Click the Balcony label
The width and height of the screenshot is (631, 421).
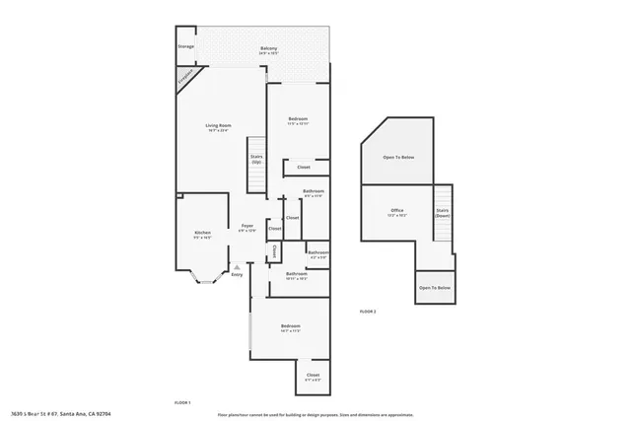click(x=269, y=50)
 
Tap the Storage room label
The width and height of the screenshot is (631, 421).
click(x=185, y=46)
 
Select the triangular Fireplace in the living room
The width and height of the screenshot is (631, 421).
click(x=186, y=78)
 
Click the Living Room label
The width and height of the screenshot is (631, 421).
click(x=218, y=127)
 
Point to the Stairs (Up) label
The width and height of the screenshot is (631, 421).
click(x=256, y=158)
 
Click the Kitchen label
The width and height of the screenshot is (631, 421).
click(x=202, y=235)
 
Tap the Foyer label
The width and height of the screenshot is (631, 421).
click(x=247, y=228)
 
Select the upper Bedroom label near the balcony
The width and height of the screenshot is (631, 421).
click(x=299, y=120)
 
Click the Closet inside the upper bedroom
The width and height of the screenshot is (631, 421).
click(x=304, y=167)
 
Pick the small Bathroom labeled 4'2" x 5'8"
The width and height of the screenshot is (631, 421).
click(x=317, y=253)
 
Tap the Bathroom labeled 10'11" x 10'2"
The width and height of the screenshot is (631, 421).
click(x=297, y=276)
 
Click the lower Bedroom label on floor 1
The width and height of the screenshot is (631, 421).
click(x=290, y=327)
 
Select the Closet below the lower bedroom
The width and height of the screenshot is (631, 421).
click(x=313, y=377)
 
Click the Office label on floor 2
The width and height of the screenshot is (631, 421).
click(x=397, y=211)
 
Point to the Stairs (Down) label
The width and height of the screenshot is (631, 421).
click(x=442, y=212)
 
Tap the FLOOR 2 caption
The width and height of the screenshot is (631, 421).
click(x=368, y=311)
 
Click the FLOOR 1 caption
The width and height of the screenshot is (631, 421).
click(x=182, y=402)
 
